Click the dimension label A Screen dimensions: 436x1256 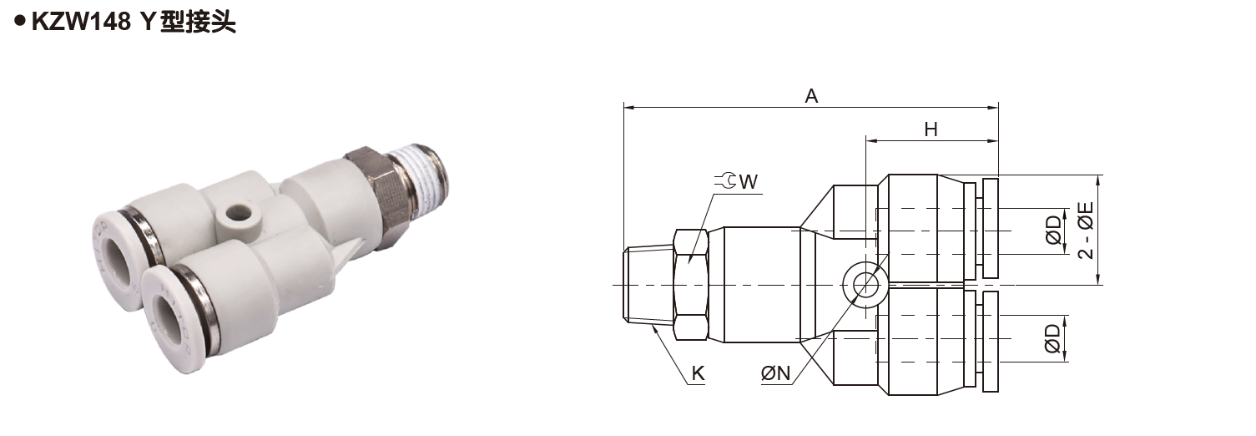pos(810,96)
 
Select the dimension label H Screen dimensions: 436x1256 pos(931,129)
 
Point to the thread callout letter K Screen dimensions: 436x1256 pos(698,374)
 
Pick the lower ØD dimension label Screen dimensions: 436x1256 pos(1053,338)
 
